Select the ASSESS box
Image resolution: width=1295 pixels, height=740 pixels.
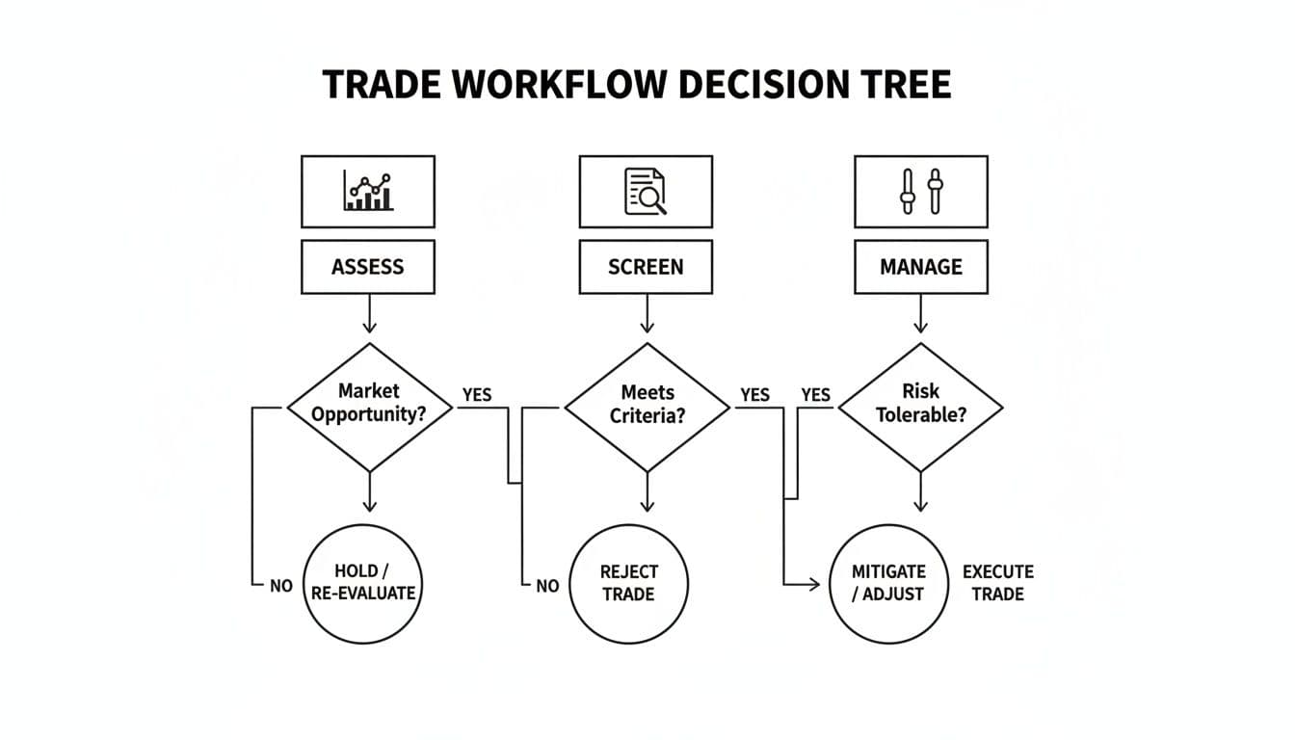(x=368, y=267)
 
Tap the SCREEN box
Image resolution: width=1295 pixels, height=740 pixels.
(x=646, y=267)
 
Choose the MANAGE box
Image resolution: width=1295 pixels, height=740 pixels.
(x=921, y=267)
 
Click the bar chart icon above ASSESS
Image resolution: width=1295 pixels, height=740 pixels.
(x=368, y=191)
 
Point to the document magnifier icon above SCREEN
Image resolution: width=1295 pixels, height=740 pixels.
(x=646, y=191)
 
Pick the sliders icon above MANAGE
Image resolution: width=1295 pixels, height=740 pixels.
(x=921, y=191)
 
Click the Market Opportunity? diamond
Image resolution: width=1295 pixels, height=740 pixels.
(x=369, y=406)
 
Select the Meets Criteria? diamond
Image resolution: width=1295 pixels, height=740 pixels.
(x=647, y=406)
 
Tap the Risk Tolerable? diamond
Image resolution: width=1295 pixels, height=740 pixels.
(x=921, y=406)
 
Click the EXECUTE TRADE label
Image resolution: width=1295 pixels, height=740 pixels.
(x=997, y=583)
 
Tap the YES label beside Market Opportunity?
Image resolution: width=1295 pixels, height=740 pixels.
(x=477, y=395)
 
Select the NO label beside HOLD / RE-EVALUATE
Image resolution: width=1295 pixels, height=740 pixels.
(x=281, y=586)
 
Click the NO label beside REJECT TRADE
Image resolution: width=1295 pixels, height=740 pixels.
(x=547, y=586)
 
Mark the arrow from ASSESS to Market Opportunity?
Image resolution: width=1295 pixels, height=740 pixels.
(x=369, y=314)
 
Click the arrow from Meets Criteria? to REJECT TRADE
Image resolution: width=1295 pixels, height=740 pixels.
(x=647, y=492)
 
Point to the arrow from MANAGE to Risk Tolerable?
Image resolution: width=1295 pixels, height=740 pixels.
(x=921, y=314)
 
